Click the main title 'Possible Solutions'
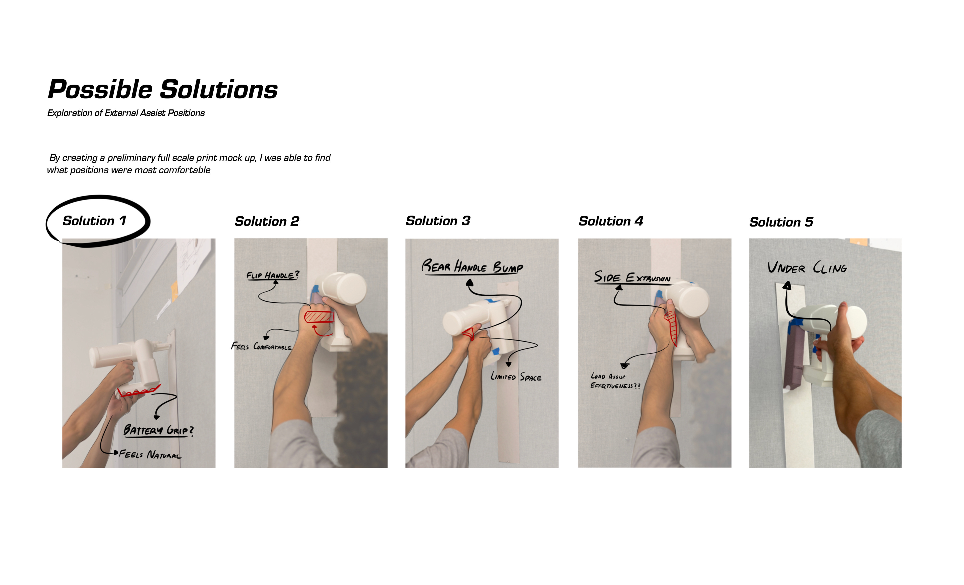(163, 90)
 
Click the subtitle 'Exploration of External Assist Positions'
(126, 113)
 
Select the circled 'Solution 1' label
(94, 221)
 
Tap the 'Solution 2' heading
(267, 221)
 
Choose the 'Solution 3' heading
(438, 221)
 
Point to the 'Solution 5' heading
(781, 222)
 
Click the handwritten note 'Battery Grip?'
(158, 430)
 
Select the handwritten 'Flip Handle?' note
(273, 275)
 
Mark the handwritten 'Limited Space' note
(516, 377)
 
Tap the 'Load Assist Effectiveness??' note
(615, 381)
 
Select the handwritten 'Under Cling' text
(807, 268)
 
